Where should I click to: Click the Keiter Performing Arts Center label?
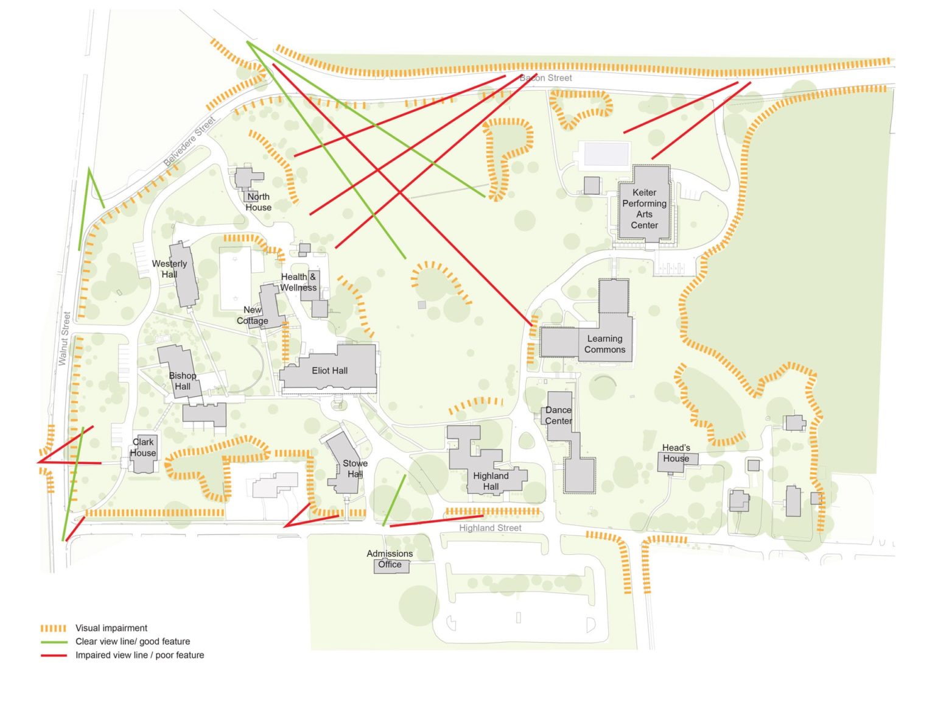644,209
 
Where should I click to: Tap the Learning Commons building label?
604,344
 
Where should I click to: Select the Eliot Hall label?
329,370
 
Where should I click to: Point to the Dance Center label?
558,415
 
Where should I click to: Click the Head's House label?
676,453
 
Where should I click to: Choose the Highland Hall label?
491,481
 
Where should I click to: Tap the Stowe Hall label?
355,468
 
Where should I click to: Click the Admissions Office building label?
390,559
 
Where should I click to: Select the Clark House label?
143,447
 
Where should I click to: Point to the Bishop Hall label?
183,381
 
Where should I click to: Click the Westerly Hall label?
169,269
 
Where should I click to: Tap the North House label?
258,202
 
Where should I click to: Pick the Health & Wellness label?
298,282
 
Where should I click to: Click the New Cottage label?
253,315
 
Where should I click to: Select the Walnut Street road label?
63,339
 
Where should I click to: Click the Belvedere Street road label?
190,142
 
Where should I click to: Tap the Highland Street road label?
490,528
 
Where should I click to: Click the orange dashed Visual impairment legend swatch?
53,628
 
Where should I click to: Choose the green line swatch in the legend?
53,642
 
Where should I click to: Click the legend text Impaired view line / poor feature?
139,655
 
